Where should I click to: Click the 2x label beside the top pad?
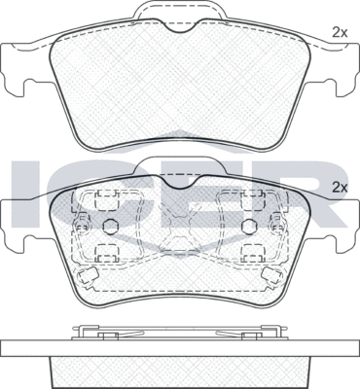340,32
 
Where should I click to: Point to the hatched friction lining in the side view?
180,370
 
